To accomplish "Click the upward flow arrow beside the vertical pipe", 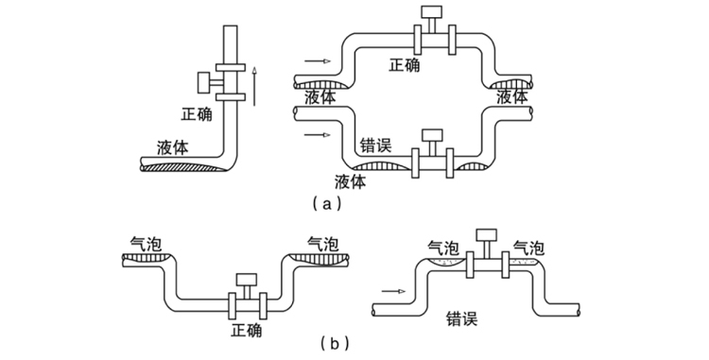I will (254, 82).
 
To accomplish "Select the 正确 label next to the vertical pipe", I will (197, 114).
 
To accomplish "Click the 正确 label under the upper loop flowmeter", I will (405, 65).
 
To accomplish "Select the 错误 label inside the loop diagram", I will (375, 146).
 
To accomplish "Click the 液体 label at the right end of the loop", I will (511, 98).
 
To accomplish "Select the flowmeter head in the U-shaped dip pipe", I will (247, 281).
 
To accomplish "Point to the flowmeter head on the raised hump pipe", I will (488, 235).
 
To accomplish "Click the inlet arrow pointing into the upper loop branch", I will (318, 63).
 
